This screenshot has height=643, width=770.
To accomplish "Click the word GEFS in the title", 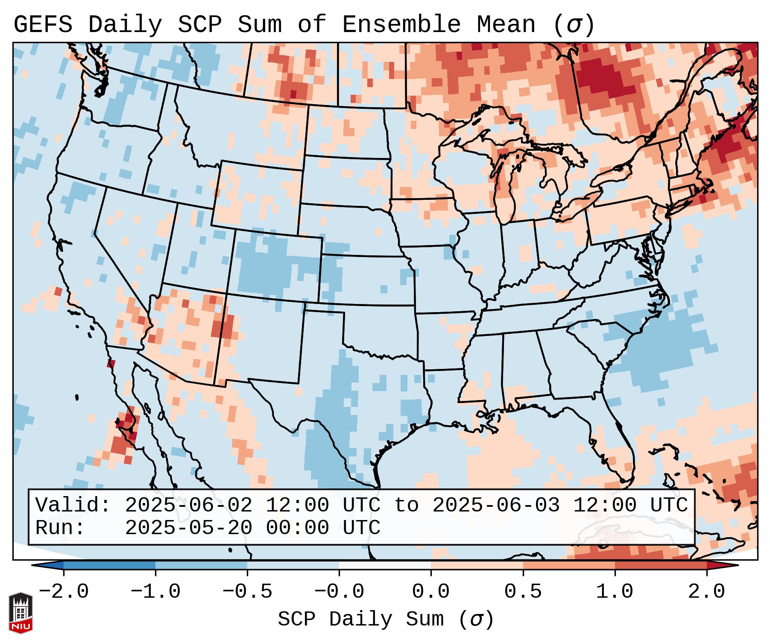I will click(x=43, y=25).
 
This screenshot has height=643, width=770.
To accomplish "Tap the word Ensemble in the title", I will click(x=401, y=25).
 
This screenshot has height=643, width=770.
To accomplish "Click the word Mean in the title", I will click(x=506, y=25).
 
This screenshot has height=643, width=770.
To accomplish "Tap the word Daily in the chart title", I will click(x=125, y=25).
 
